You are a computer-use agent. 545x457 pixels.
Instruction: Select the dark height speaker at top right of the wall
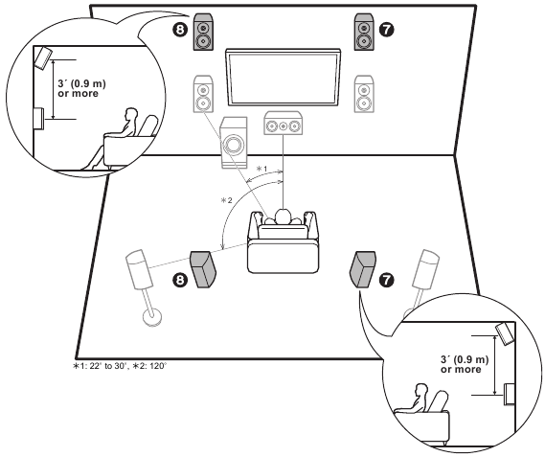click(363, 31)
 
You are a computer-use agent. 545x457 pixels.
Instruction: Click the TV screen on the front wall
click(282, 80)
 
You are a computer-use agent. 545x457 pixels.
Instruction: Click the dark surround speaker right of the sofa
click(362, 269)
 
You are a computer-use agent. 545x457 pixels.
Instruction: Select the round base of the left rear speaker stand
click(149, 316)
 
